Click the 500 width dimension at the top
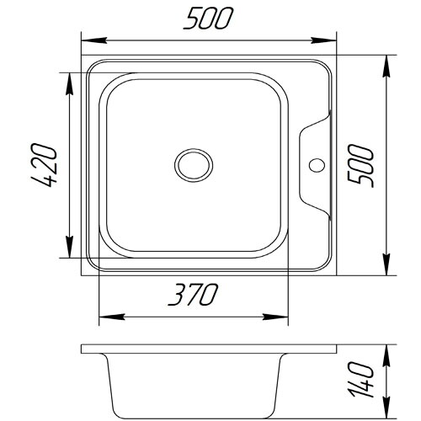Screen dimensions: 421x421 [x=208, y=18]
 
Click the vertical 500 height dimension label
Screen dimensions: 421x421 [x=360, y=166]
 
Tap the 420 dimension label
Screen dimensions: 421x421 [x=44, y=165]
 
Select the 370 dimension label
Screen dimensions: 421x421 [x=193, y=295]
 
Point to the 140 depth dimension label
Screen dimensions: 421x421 [x=362, y=379]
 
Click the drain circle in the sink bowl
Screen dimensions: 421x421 [x=194, y=165]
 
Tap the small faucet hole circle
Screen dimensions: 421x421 [x=317, y=165]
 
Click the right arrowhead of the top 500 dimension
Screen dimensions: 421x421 [x=323, y=40]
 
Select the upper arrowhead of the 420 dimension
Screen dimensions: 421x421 [x=69, y=85]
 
